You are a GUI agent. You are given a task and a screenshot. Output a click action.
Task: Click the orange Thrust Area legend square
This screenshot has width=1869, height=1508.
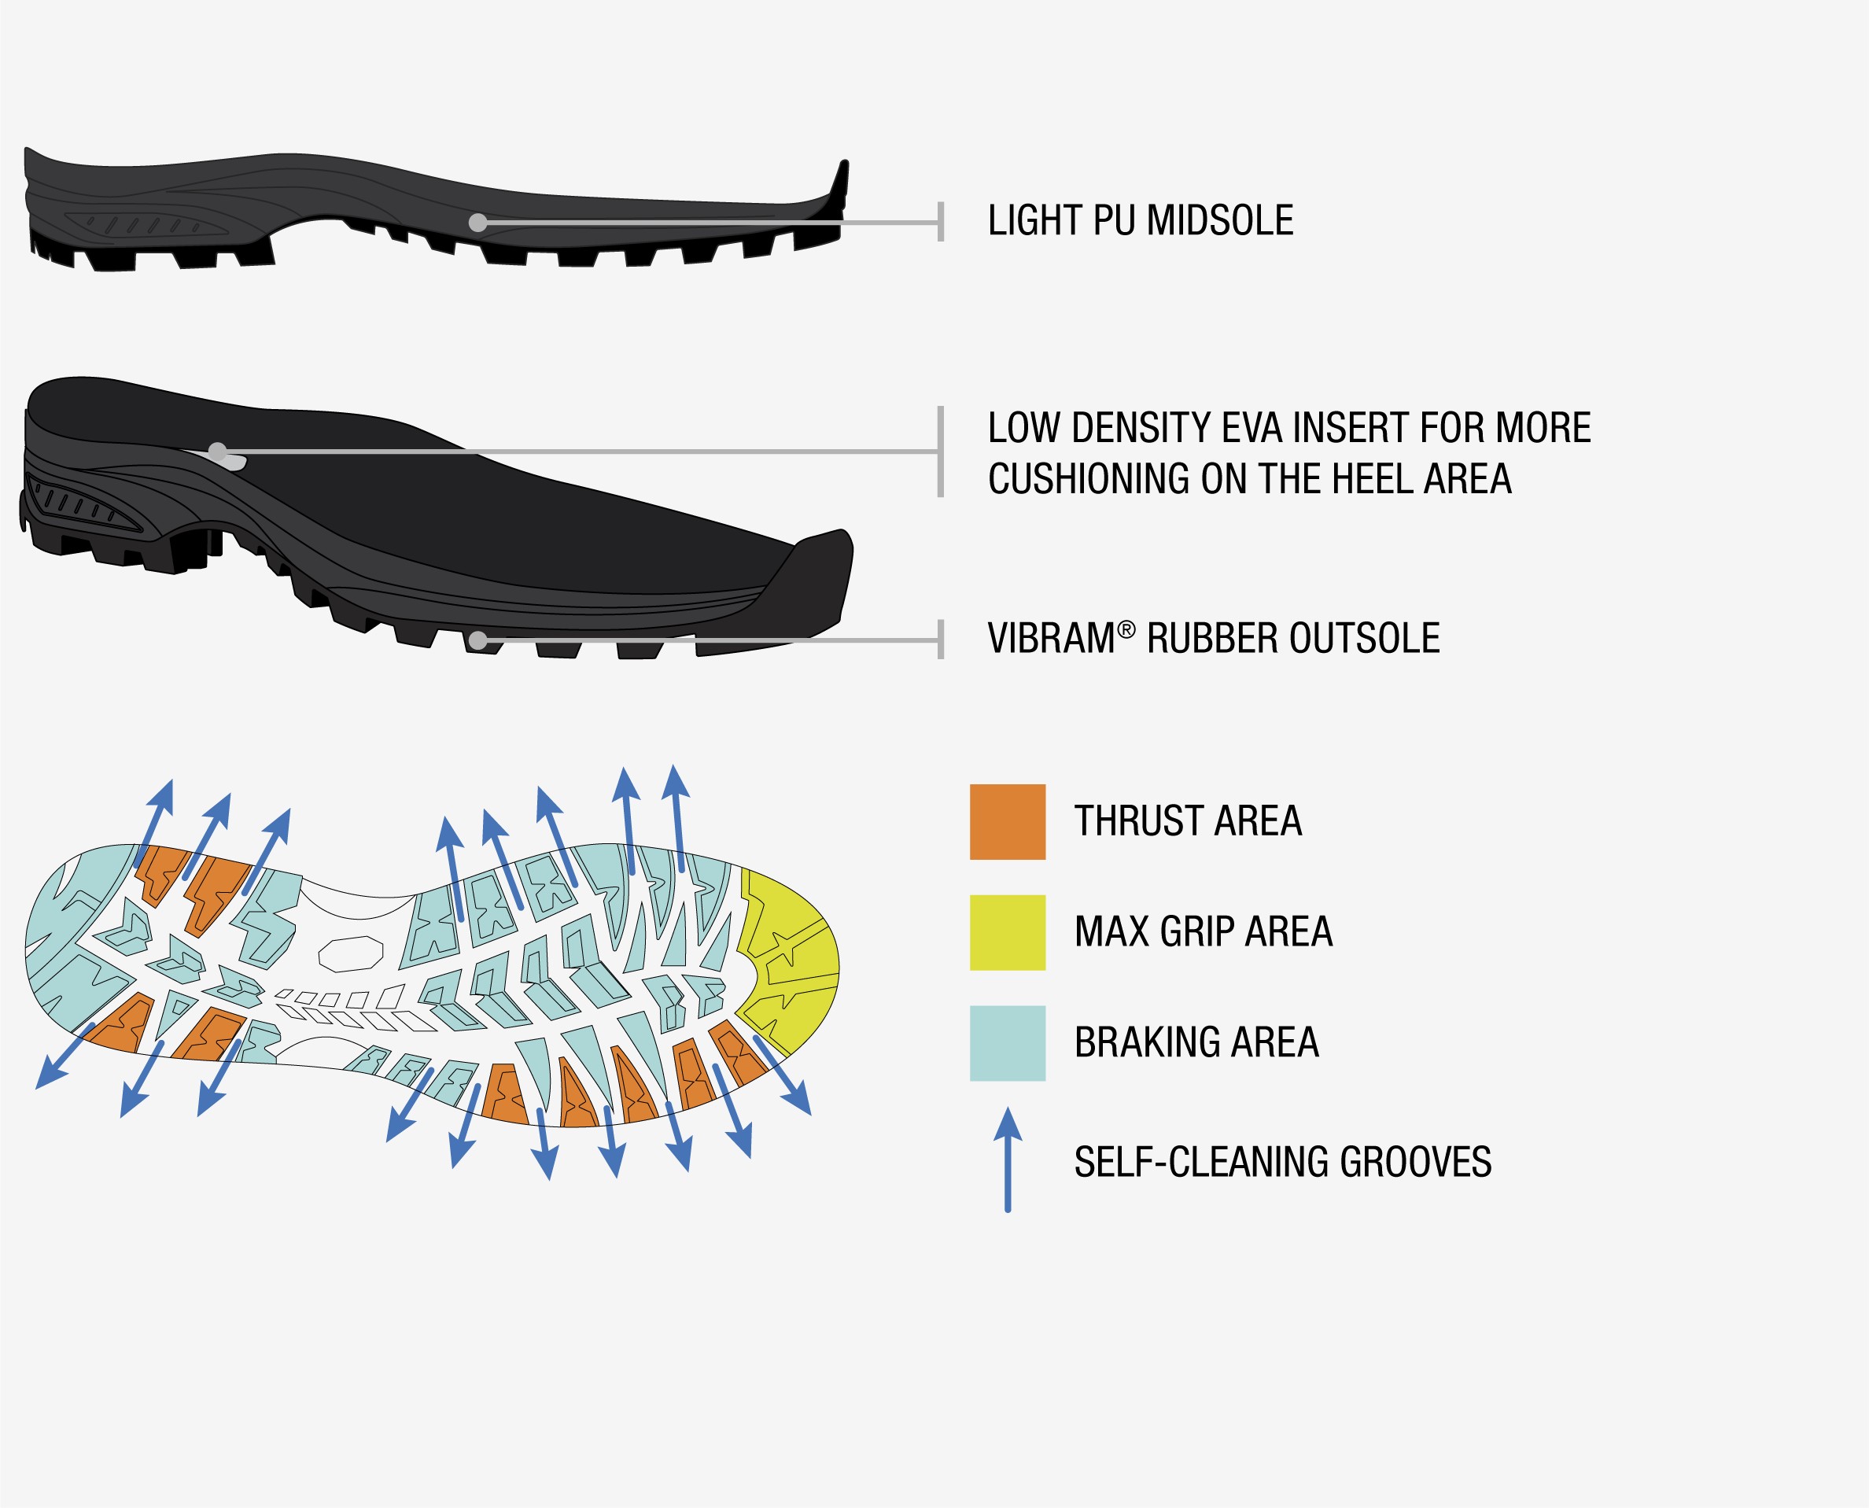point(1008,822)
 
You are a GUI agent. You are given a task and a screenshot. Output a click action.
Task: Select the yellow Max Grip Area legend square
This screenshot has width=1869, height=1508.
point(1008,932)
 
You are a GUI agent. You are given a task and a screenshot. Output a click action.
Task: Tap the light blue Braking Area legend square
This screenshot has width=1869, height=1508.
point(1008,1043)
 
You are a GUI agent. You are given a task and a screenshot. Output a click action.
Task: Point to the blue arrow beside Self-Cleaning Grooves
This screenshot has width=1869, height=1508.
point(1008,1160)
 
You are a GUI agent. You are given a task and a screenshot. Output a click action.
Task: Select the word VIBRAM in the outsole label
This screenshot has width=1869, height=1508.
point(1051,640)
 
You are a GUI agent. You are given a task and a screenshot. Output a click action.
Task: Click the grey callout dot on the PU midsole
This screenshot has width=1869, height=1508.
point(477,223)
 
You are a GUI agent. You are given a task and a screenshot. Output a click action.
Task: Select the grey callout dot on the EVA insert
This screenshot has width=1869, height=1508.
point(218,452)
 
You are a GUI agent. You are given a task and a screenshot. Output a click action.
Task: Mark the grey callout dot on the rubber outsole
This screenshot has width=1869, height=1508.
point(477,641)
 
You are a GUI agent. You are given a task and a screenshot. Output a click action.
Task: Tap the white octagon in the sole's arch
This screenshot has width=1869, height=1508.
point(351,953)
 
